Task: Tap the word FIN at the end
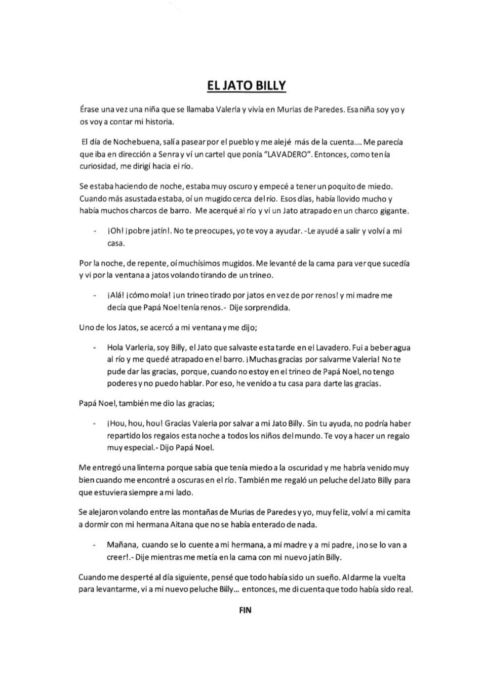coord(245,610)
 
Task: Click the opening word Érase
coord(90,109)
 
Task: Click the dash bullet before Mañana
coord(94,546)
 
